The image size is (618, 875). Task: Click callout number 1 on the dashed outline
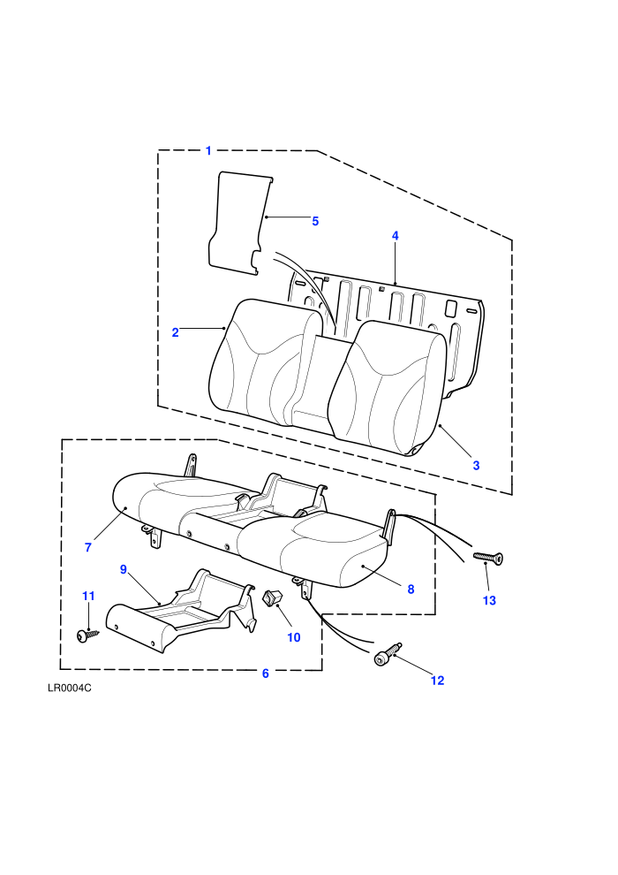point(208,150)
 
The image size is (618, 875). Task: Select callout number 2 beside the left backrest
point(175,332)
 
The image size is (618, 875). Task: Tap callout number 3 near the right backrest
point(476,466)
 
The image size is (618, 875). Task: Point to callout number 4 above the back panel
point(396,235)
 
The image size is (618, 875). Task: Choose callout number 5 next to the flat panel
point(315,222)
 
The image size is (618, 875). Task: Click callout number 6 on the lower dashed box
point(265,673)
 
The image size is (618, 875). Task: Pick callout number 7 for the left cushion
point(88,547)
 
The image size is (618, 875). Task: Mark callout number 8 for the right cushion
point(411,590)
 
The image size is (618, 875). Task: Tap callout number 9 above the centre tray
point(123,569)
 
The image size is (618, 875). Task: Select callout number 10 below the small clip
point(294,637)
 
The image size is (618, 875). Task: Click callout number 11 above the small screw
point(88,596)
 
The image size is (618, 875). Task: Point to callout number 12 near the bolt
point(437,681)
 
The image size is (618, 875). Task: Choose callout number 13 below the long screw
point(489,600)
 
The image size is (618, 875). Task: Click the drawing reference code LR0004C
point(70,688)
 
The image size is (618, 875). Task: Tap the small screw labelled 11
point(87,635)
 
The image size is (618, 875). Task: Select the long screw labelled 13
point(488,557)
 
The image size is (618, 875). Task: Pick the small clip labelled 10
point(272,597)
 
